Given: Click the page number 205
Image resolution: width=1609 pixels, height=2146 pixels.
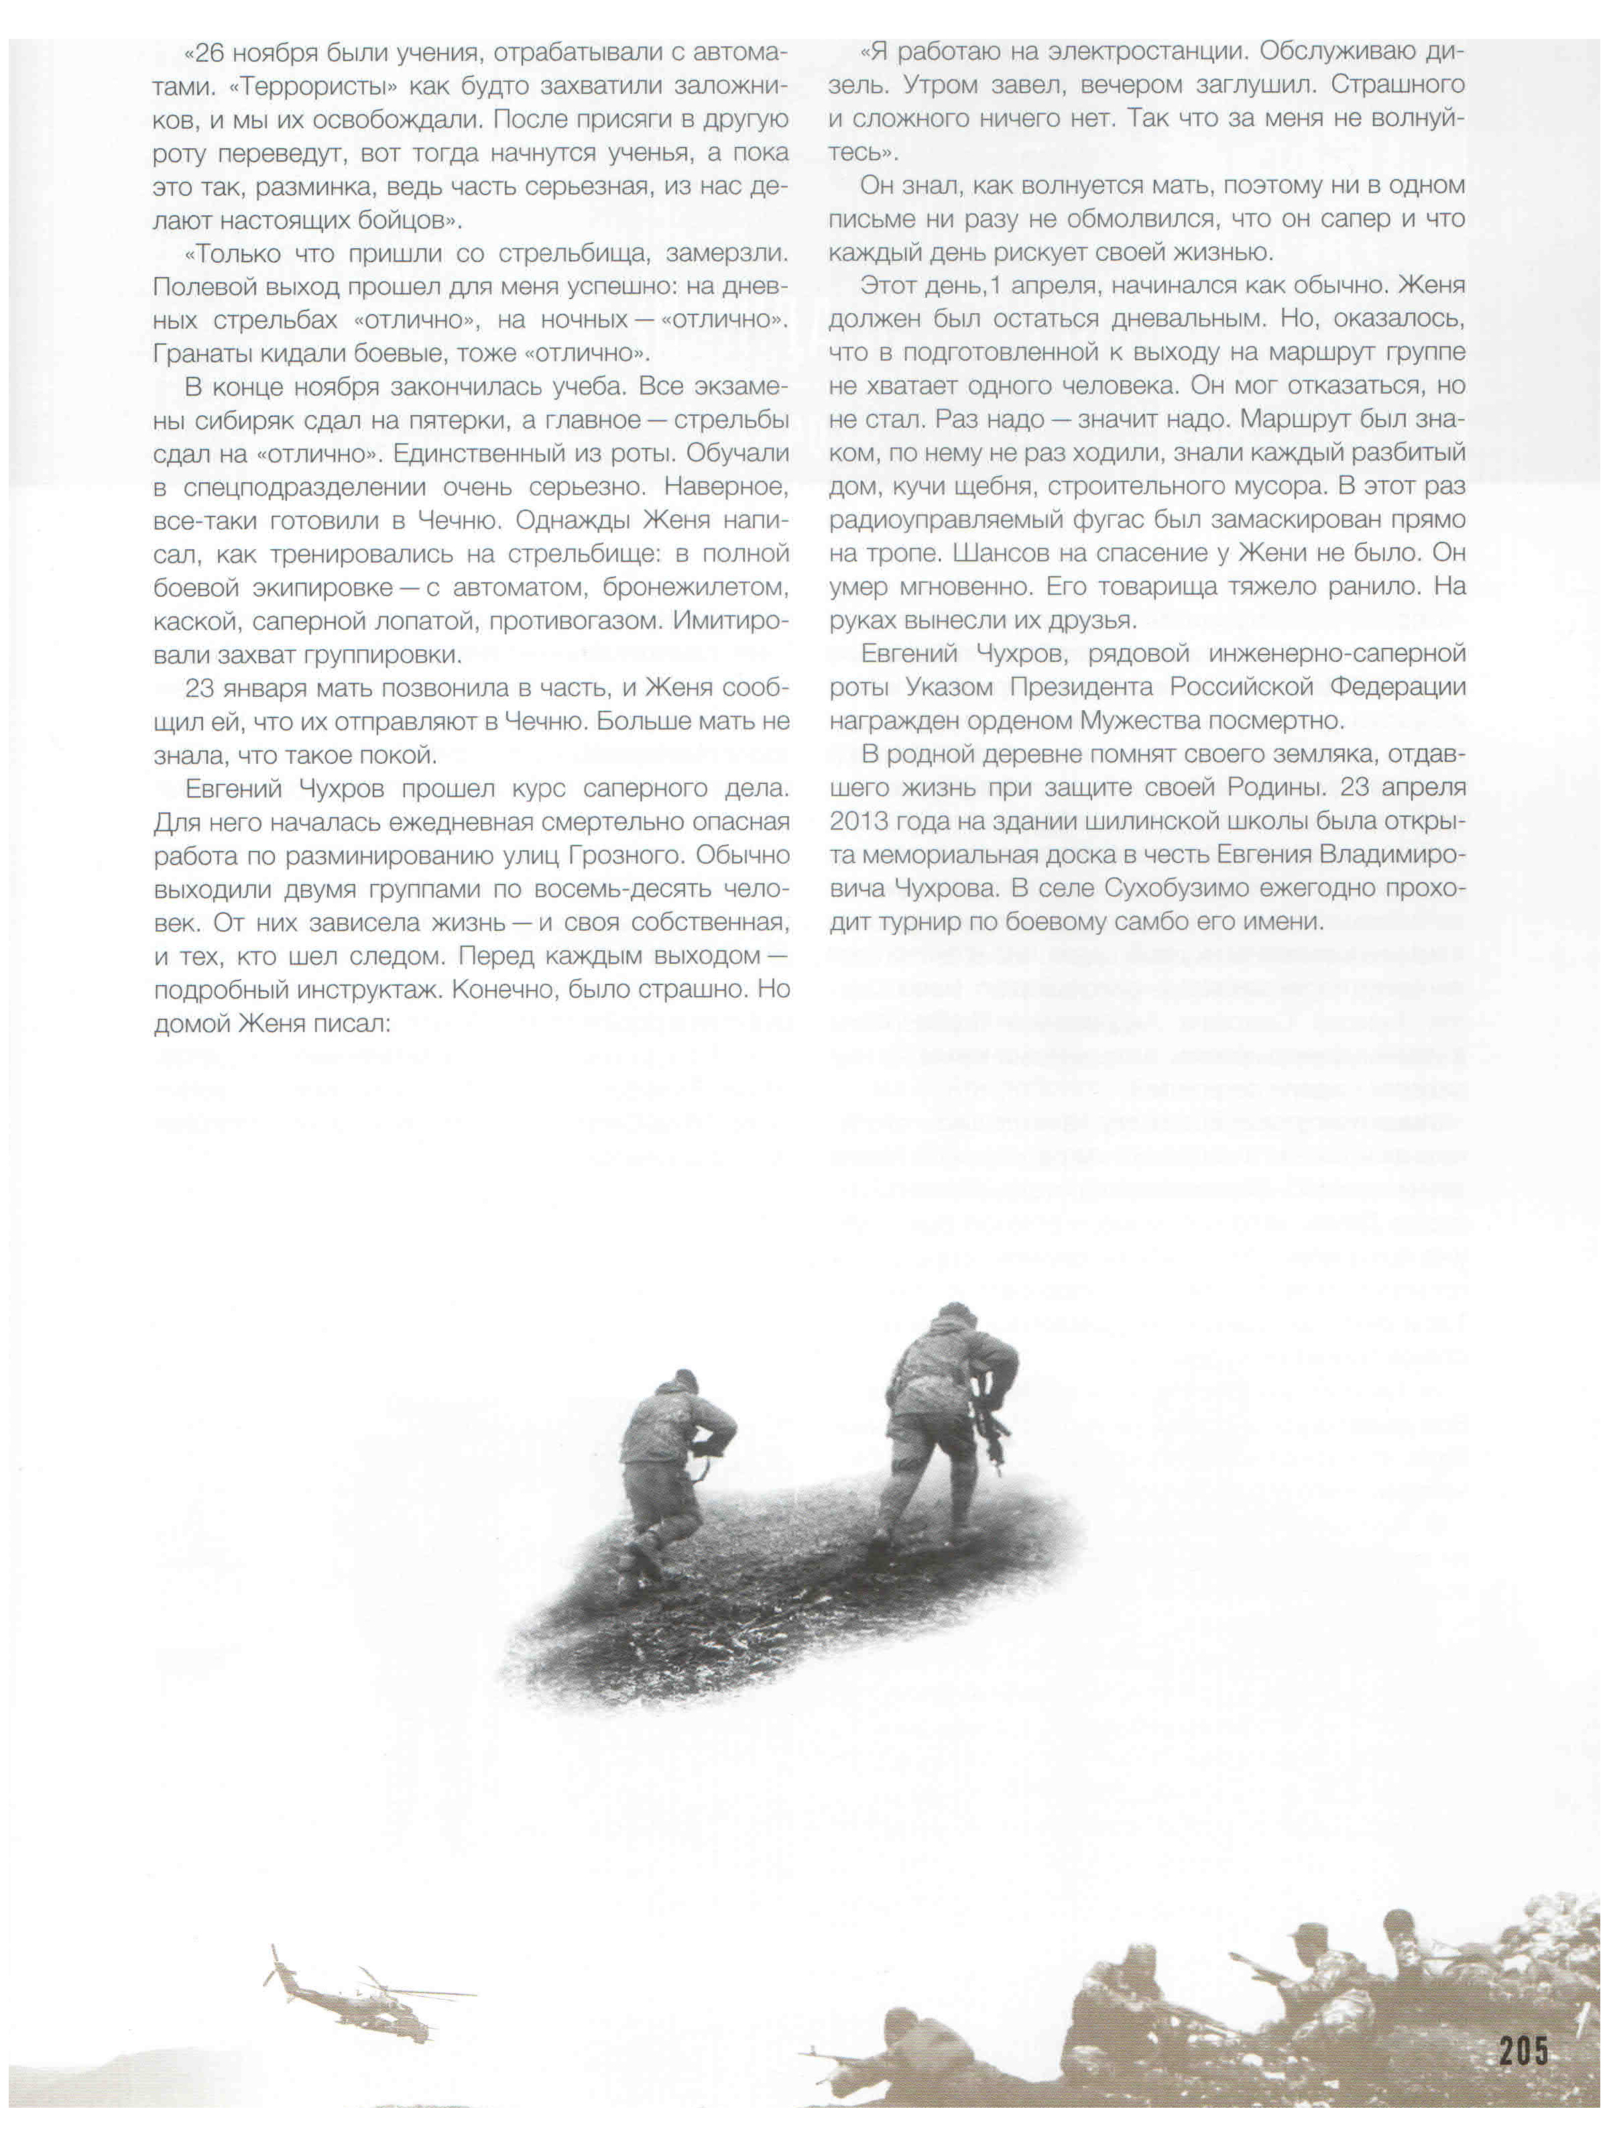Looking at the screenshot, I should pos(1524,2053).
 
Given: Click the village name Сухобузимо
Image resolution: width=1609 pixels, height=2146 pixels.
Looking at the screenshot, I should pos(1189,889).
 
